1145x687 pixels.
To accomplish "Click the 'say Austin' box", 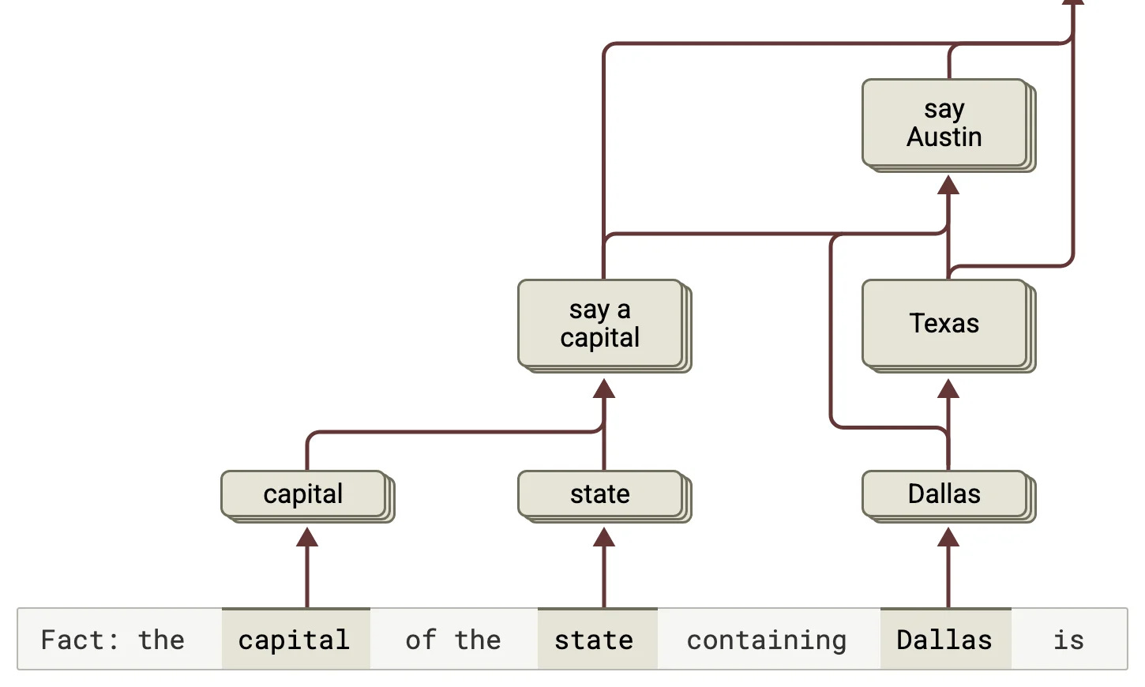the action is (948, 126).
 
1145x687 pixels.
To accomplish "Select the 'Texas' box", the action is (948, 325).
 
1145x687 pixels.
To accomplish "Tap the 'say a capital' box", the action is (605, 325).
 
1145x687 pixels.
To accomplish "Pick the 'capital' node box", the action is (308, 497).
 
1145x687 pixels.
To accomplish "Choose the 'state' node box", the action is (605, 497).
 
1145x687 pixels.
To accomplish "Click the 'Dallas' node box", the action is (948, 497).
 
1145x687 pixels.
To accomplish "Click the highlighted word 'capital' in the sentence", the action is (295, 639).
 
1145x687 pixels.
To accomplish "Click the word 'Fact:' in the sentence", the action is (79, 640).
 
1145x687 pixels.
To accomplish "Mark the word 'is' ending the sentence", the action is (1069, 640).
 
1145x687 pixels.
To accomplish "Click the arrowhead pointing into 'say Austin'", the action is (948, 185).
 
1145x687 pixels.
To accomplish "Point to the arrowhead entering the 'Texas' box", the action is (948, 388).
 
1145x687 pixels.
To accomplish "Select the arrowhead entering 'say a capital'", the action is (603, 388).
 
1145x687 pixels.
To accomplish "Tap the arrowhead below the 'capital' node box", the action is (307, 537).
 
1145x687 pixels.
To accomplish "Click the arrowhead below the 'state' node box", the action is (603, 537).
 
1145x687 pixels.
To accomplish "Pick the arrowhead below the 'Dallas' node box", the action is (948, 537).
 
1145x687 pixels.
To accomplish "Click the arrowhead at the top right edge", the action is (1073, 2).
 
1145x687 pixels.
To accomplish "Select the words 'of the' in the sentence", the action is (453, 640).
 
